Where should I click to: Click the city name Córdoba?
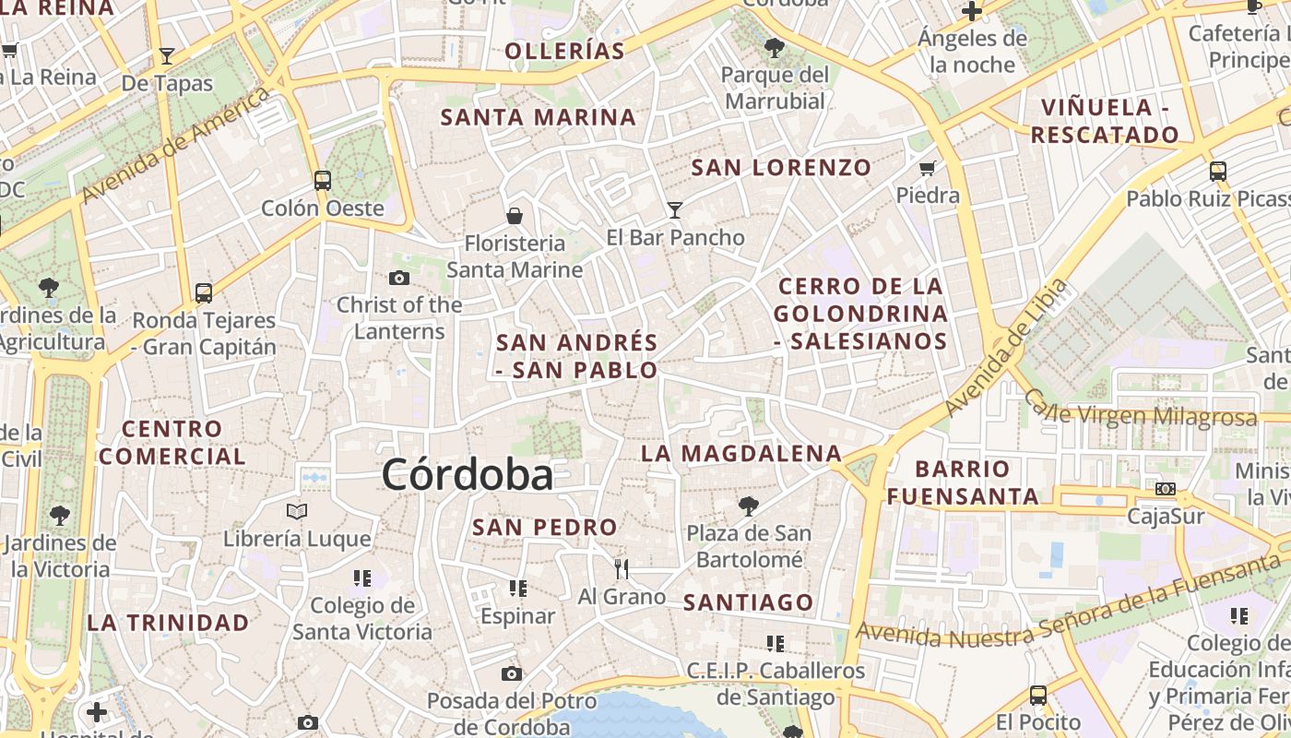468,475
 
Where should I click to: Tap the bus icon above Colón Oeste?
322,180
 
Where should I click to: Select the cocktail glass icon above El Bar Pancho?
675,210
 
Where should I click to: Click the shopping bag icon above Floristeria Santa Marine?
515,216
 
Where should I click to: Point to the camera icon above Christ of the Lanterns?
399,278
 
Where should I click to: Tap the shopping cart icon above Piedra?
928,168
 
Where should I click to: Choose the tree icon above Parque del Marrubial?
775,46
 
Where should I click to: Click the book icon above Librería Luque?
296,510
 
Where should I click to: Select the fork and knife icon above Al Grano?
622,568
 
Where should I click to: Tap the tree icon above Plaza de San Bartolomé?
749,505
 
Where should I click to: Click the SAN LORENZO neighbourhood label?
781,167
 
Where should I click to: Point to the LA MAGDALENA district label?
741,453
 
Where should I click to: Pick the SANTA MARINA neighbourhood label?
539,117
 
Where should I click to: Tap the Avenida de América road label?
176,145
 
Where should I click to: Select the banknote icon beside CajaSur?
1166,488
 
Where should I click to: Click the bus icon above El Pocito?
1038,695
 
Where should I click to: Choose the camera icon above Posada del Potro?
512,674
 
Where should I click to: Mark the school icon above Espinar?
518,588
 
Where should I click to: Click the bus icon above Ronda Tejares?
204,293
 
